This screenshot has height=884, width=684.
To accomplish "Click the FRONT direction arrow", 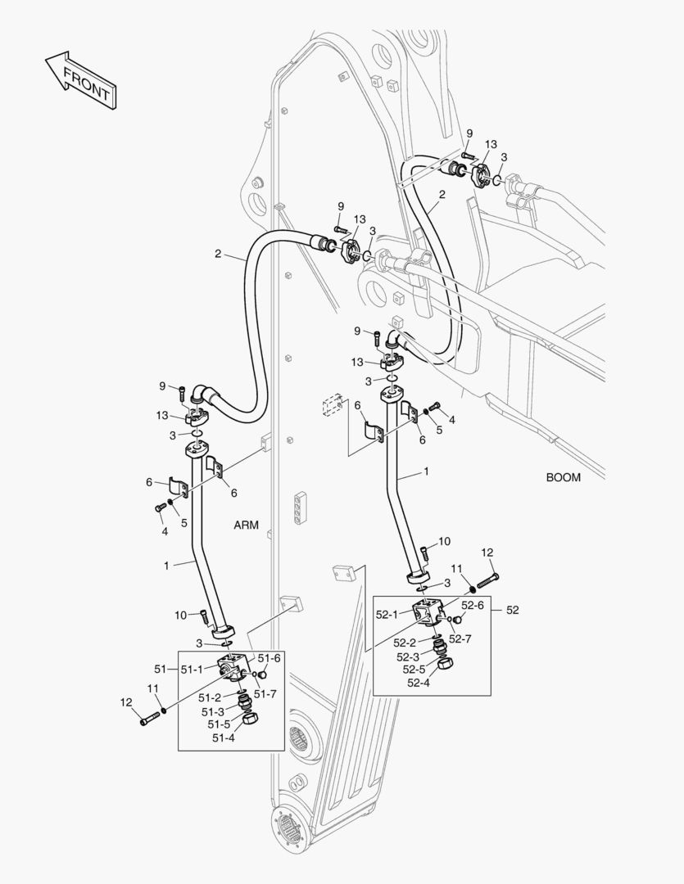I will click(x=79, y=79).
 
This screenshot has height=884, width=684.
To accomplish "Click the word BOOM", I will click(x=564, y=477).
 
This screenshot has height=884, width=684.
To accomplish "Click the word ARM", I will click(x=246, y=525).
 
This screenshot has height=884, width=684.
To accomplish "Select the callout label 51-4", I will click(x=224, y=737).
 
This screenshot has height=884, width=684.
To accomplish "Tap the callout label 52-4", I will click(x=419, y=683).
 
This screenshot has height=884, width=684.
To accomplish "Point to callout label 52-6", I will click(x=473, y=605).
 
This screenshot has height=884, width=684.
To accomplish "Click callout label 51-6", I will click(x=270, y=657).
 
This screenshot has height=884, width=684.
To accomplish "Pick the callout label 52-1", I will click(x=388, y=614).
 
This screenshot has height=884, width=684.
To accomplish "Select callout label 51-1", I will click(x=193, y=670).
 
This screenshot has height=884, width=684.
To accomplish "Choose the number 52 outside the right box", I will click(x=512, y=610).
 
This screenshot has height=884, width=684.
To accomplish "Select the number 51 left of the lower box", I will click(x=161, y=670).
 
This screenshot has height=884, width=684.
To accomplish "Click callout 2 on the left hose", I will click(x=218, y=254).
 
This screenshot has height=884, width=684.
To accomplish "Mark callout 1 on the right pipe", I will click(x=425, y=472).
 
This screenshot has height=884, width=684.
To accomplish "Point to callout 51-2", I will click(x=211, y=697).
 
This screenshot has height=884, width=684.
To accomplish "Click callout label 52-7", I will click(x=460, y=639).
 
